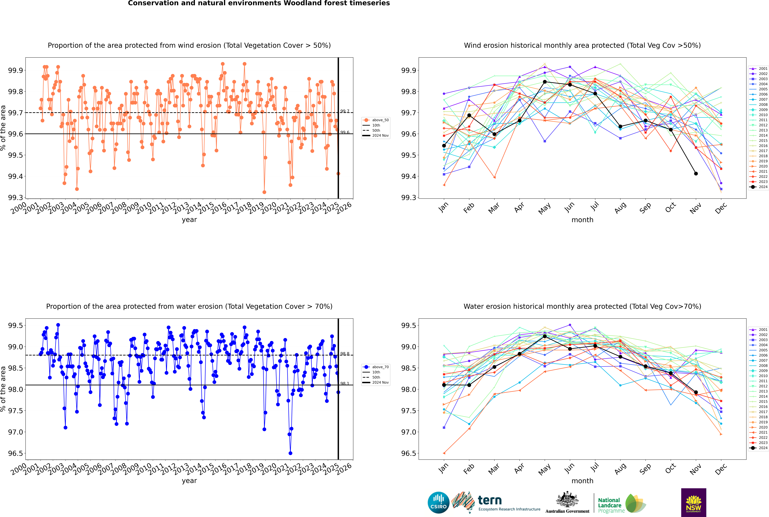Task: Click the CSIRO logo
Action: click(438, 503)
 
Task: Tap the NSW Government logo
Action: click(693, 503)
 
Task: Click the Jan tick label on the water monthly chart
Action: click(444, 469)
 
